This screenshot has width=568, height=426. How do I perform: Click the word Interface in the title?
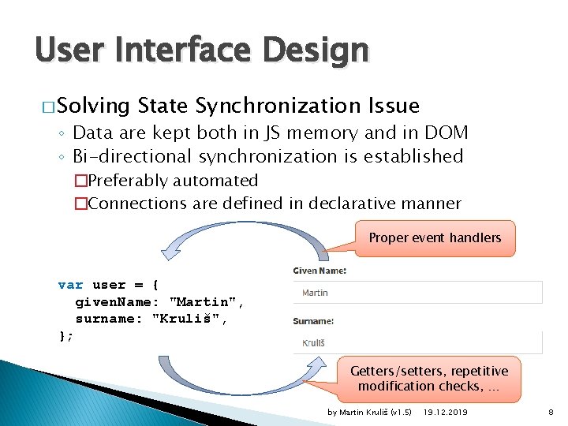(181, 50)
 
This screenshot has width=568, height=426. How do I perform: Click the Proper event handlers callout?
(435, 237)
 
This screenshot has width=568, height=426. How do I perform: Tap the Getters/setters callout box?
(429, 378)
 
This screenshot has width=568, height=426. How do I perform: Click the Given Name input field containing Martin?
(418, 293)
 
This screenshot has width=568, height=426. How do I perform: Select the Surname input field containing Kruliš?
(418, 343)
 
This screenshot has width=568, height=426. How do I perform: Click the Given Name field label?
(319, 271)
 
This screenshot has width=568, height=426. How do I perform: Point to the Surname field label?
(313, 321)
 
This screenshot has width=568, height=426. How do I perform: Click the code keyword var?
(70, 285)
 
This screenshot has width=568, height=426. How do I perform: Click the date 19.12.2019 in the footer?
(446, 413)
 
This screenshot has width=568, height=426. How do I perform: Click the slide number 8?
(551, 413)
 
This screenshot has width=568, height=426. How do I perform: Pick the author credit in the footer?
(369, 413)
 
